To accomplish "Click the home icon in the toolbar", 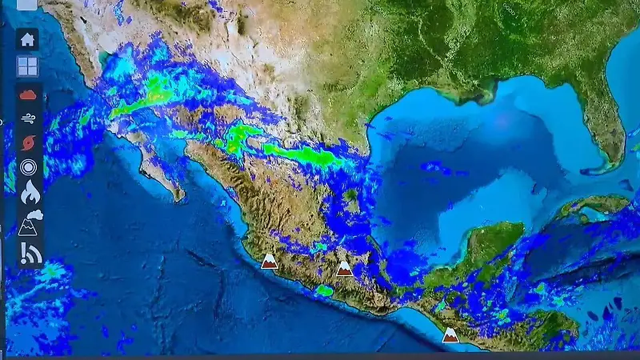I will tap(28, 39).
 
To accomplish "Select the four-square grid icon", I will tap(28, 66).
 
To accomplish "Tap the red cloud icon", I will tap(28, 94).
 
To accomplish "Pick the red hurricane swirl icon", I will tap(29, 143).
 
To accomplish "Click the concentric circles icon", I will tap(29, 168).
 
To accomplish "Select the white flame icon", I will tap(29, 193).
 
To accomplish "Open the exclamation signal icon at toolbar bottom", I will tap(30, 254).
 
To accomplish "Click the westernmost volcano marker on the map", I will tap(270, 261).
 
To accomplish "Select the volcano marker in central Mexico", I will tap(344, 269).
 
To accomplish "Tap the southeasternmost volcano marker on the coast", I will tap(450, 334).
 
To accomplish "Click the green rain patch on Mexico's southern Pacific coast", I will tap(324, 290).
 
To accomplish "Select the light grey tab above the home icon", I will tap(26, 4).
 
